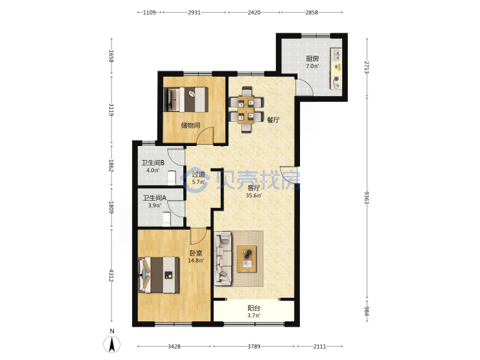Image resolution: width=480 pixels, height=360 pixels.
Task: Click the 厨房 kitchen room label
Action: point(312,59)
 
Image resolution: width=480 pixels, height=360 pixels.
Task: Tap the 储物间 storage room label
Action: point(191,125)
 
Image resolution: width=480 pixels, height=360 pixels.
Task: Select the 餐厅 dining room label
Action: point(273,120)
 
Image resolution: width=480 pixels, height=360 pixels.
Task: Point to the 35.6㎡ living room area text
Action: point(254,195)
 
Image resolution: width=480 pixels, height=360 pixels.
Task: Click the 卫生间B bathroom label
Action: point(153,163)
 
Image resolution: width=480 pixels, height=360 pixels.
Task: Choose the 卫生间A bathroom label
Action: point(155,198)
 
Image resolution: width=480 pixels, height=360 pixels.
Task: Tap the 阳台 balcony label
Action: point(254,308)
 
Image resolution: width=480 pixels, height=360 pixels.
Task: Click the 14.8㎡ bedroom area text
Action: point(196,261)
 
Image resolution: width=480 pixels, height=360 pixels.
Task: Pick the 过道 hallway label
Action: point(198,175)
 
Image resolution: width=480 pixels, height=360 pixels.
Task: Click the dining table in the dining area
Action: point(247,109)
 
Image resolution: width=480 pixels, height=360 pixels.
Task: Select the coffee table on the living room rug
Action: point(247,259)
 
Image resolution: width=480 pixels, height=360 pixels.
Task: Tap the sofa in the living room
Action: point(223,258)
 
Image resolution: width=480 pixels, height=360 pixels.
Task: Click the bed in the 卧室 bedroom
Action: point(159,275)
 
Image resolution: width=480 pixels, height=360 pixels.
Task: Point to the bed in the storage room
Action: point(186,99)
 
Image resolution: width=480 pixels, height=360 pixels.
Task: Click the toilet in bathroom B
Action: point(172,178)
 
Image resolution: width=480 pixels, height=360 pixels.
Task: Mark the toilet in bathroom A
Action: point(166,219)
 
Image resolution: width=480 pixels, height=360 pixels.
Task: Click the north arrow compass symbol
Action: point(112,344)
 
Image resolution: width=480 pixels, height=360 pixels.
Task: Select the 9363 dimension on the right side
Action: point(367,198)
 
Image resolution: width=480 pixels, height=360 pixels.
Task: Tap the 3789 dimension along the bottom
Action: point(254,346)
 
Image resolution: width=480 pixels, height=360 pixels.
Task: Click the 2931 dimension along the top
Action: point(194,12)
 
